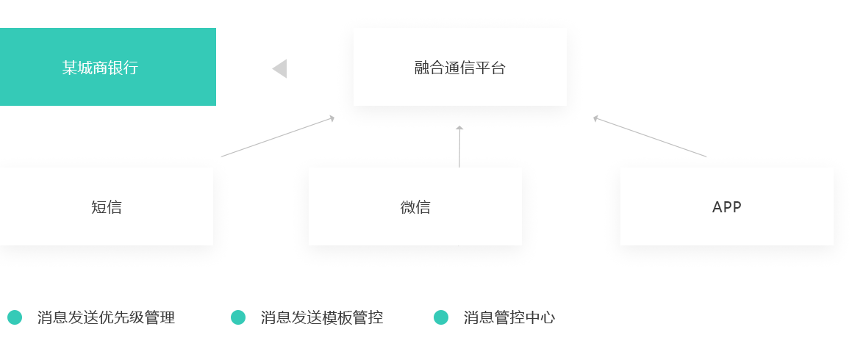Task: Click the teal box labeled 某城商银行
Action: click(x=108, y=67)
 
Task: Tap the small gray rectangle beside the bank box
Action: click(x=287, y=68)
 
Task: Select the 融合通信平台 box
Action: click(x=459, y=68)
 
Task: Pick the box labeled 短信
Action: click(x=107, y=206)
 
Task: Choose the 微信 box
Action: click(x=415, y=206)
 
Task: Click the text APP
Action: click(x=727, y=207)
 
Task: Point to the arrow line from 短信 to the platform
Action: click(x=276, y=137)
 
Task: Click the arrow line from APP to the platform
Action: click(x=651, y=137)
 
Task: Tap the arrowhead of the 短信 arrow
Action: click(x=332, y=118)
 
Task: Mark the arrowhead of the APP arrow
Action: click(x=596, y=118)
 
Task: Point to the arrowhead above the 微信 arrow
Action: click(x=459, y=129)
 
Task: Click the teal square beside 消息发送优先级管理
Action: click(x=15, y=317)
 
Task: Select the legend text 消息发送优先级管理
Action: click(x=107, y=317)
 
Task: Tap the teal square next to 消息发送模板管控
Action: click(x=237, y=317)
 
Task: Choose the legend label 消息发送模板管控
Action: click(x=322, y=317)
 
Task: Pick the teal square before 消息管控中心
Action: click(x=440, y=317)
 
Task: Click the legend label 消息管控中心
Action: click(x=509, y=317)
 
